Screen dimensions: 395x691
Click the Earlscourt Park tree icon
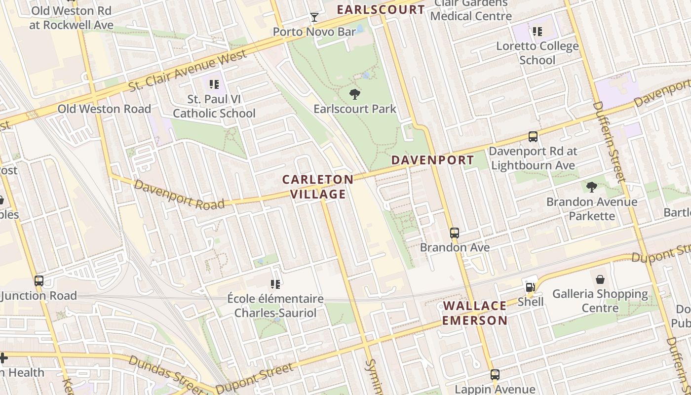point(354,94)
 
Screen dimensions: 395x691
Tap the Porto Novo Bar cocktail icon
point(314,18)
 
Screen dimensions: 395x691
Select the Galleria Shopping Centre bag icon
point(600,279)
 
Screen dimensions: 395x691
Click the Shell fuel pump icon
point(531,287)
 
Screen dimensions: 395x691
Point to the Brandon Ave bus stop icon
point(455,233)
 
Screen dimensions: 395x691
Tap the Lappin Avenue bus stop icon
point(495,375)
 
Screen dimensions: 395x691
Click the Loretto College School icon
point(537,32)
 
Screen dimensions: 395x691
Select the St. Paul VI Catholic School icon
point(214,84)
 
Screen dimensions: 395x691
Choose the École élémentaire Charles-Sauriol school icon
point(275,284)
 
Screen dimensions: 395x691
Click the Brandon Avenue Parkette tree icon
point(591,187)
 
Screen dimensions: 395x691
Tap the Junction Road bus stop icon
point(39,281)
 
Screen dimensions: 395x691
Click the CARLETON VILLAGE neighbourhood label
point(318,187)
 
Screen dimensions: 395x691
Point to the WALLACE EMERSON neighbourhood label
point(475,313)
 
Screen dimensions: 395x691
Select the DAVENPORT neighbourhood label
point(432,160)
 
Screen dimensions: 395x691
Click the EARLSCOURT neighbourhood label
point(380,9)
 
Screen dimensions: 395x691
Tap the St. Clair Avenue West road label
point(188,71)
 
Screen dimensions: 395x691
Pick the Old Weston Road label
point(104,109)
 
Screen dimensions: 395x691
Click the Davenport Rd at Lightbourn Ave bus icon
point(533,136)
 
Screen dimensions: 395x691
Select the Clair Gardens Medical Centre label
point(470,10)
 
